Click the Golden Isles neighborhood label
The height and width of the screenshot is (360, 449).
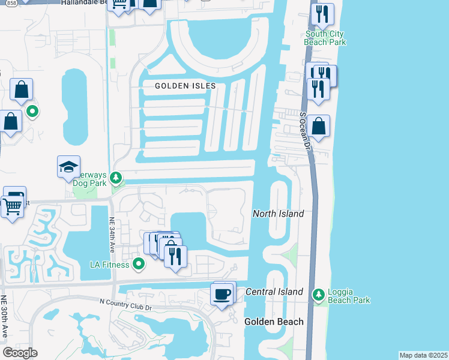click(x=185, y=86)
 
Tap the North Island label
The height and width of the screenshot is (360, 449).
click(x=278, y=214)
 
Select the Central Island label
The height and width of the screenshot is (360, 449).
click(x=274, y=292)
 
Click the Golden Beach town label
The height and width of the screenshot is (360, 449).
click(x=274, y=322)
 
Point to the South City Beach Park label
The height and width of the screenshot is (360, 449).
click(x=325, y=38)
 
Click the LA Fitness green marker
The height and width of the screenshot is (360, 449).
click(x=139, y=263)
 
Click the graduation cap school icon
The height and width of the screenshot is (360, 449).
click(x=68, y=166)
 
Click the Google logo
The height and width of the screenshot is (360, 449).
click(x=20, y=353)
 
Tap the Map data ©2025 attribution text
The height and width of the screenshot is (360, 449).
click(x=423, y=355)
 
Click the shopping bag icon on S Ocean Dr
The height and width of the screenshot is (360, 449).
click(x=319, y=126)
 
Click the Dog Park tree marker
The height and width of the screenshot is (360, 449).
click(x=117, y=177)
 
